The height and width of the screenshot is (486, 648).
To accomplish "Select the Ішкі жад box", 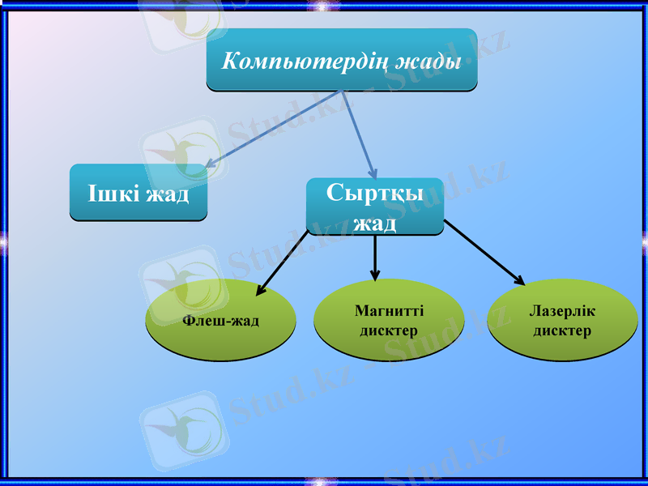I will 139,193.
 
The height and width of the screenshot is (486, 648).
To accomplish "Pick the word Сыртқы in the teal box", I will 375,193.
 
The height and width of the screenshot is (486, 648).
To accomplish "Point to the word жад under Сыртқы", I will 375,221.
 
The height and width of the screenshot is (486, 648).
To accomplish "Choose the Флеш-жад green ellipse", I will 220,322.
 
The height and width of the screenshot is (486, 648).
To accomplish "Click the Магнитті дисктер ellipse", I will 389,321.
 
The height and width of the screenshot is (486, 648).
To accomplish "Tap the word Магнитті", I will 389,311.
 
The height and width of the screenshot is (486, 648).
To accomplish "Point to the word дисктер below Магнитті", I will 389,331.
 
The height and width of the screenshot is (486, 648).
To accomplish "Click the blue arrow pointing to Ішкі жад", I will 275,129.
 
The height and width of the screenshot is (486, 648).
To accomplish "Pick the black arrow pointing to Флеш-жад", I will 283,262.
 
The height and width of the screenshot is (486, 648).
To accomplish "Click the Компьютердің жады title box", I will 341,60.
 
